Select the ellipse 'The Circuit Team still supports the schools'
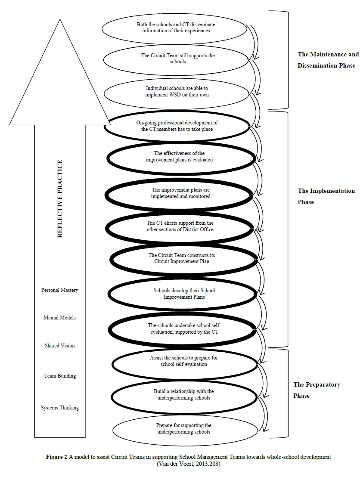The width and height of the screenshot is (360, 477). click(178, 59)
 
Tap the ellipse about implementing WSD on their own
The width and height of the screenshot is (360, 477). click(177, 92)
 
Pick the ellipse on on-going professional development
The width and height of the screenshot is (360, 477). click(177, 126)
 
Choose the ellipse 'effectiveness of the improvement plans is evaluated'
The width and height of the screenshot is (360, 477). click(179, 157)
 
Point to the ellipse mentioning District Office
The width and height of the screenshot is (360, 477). click(180, 226)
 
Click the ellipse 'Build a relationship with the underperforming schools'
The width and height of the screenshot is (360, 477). click(184, 394)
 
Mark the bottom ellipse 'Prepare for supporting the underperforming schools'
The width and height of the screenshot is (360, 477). click(184, 428)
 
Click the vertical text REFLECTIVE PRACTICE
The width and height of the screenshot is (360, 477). click(60, 198)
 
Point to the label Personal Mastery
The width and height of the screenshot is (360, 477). click(60, 290)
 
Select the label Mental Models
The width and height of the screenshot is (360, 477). click(59, 318)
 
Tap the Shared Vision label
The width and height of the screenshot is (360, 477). click(60, 346)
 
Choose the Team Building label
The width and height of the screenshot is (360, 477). click(60, 376)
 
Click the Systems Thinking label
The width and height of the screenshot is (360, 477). click(60, 407)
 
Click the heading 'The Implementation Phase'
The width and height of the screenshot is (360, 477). click(326, 196)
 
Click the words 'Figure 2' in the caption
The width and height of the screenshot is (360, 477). click(56, 457)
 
